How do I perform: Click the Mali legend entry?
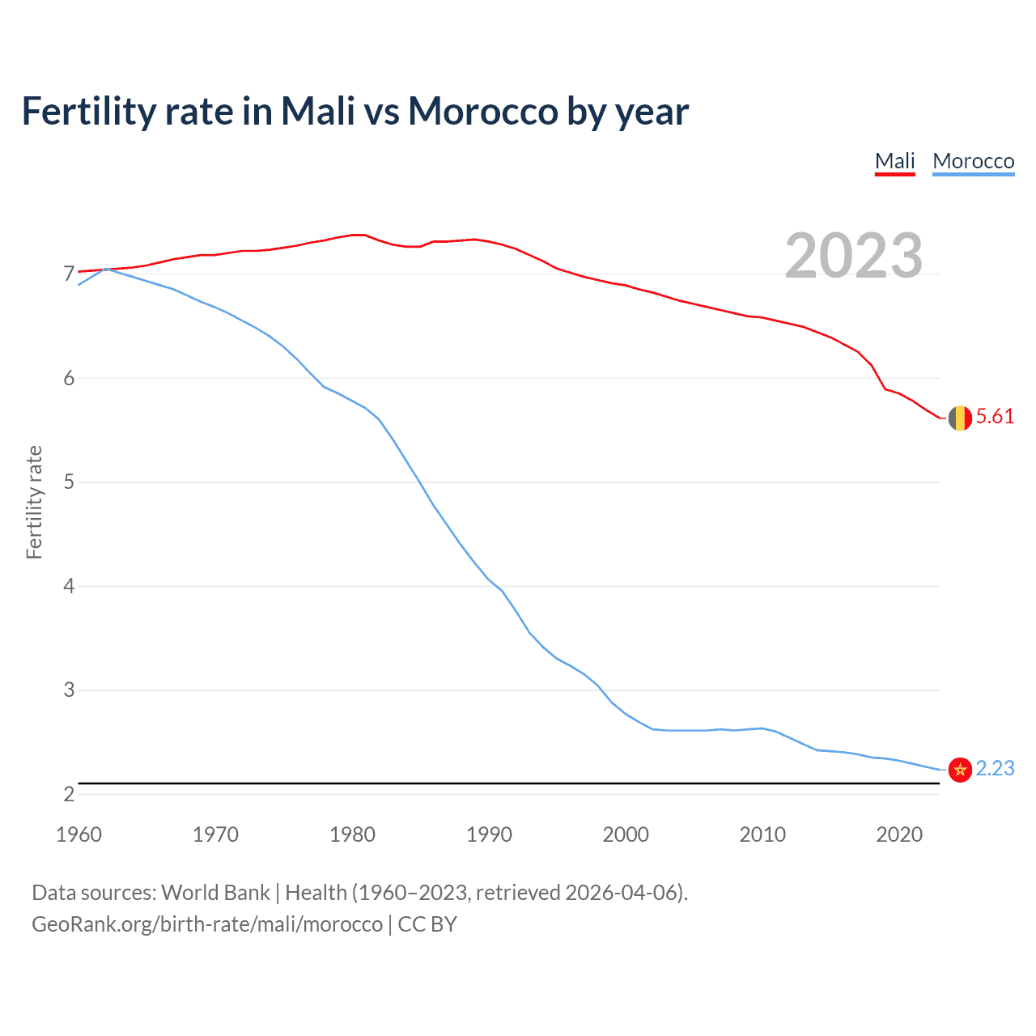point(894,161)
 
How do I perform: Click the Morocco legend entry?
point(973,161)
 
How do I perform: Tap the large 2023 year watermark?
point(853,256)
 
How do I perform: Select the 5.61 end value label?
point(995,417)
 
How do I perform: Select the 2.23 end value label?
point(995,768)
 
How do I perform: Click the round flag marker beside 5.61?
point(960,418)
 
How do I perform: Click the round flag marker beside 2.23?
point(960,769)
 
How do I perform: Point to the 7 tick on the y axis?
point(69,274)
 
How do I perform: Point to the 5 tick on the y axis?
point(69,482)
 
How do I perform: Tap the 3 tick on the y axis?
point(69,690)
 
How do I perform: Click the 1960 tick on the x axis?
point(79,834)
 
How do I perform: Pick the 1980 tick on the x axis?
point(352,834)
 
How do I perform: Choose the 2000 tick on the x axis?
point(626,834)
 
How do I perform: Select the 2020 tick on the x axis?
point(899,834)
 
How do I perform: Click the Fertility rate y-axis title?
point(34,502)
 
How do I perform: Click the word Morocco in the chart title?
point(482,111)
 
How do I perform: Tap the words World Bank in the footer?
point(215,893)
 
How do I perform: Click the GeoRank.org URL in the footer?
point(206,924)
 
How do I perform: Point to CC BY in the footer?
point(427,924)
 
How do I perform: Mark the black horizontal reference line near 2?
point(510,783)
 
